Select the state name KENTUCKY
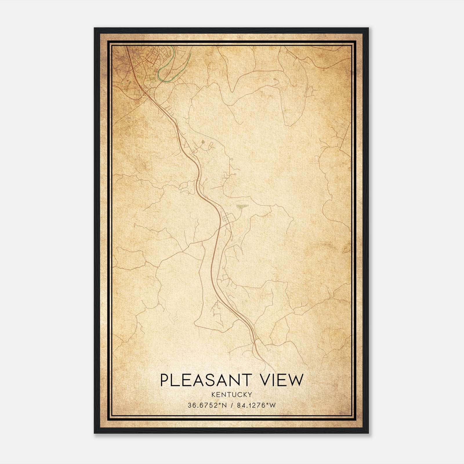pos(232,394)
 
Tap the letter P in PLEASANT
pos(164,380)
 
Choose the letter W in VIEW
pos(296,380)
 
